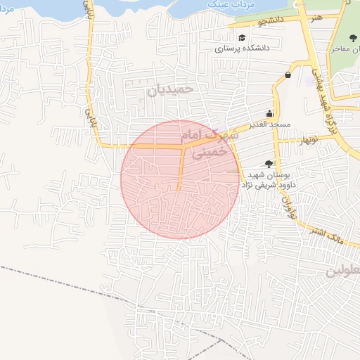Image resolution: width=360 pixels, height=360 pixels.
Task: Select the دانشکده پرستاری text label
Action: [241, 49]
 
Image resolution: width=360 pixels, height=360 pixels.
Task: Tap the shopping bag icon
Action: [288, 75]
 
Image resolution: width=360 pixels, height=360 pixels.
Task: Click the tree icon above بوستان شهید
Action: [269, 163]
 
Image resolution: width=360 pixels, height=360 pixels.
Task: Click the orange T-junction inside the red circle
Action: [184, 148]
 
